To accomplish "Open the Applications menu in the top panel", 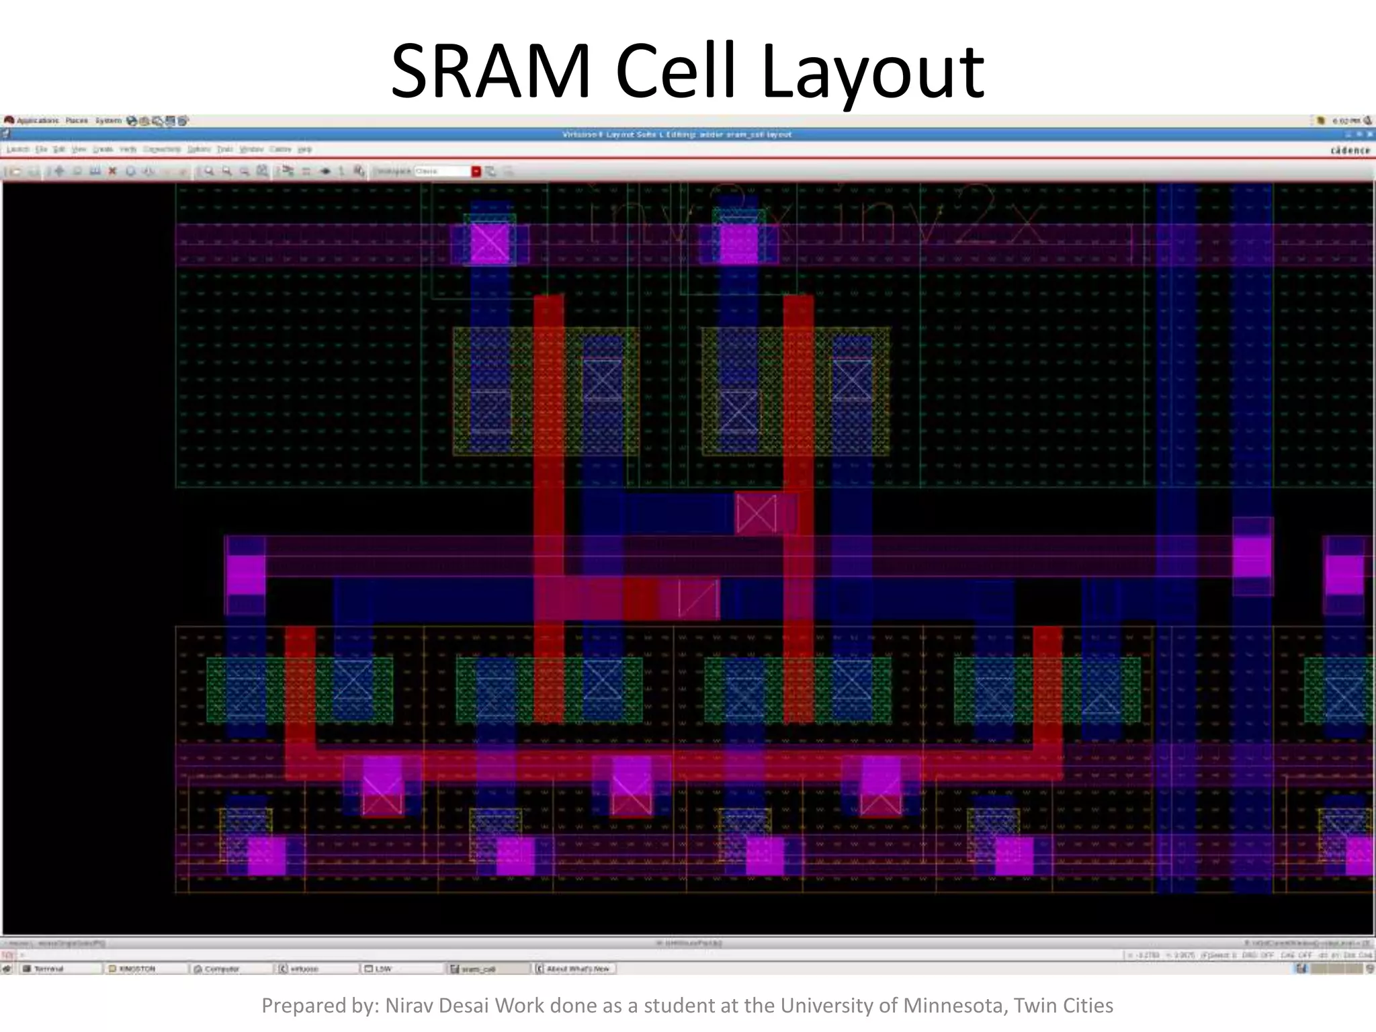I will (37, 121).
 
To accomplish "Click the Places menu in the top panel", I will (77, 121).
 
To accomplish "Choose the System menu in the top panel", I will (107, 121).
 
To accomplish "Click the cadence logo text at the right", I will (1350, 150).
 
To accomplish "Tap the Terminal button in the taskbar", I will (48, 969).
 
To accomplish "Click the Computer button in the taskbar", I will (221, 969).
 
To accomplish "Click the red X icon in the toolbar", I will (112, 171).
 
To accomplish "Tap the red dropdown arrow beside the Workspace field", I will (476, 171).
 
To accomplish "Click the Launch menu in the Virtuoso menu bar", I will (18, 149).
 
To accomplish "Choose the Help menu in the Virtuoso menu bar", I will (304, 149).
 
